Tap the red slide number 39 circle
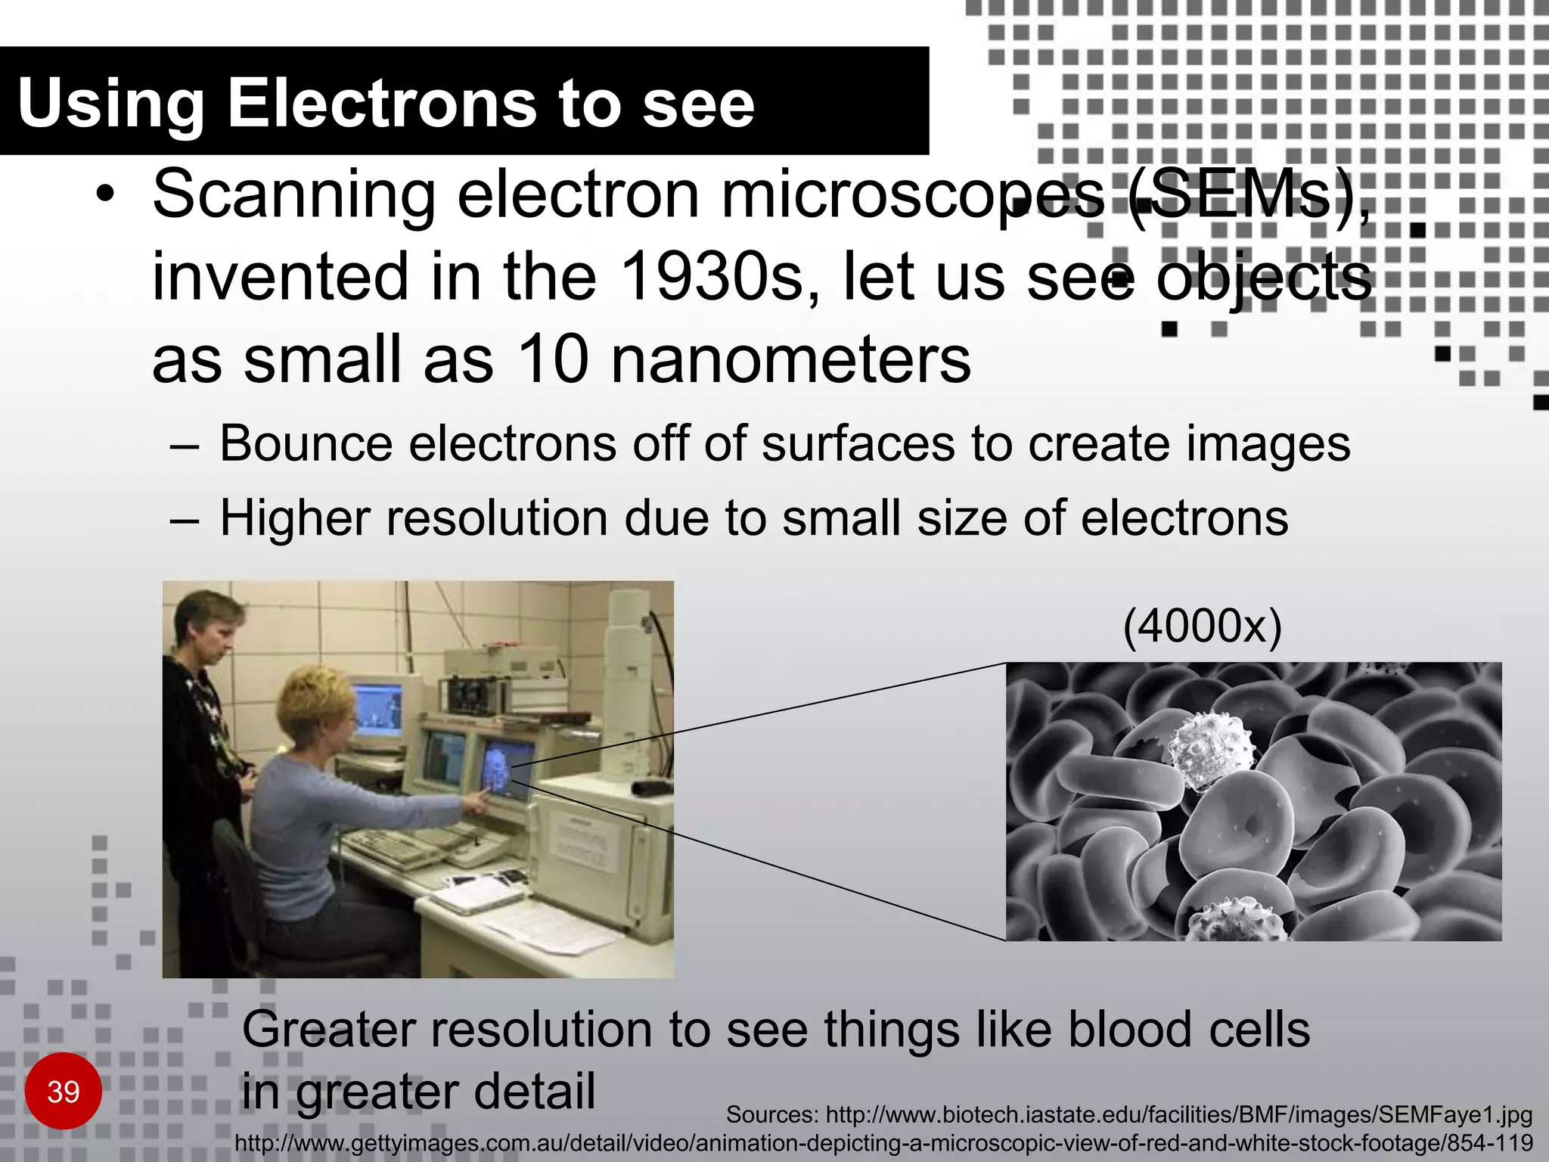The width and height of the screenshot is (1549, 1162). (64, 1092)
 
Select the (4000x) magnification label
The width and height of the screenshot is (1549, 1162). (1202, 627)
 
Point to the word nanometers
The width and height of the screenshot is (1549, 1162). (790, 360)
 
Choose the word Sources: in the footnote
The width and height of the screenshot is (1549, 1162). (771, 1114)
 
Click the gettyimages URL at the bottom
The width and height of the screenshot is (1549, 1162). (883, 1143)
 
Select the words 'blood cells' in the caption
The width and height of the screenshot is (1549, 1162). (1187, 1030)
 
